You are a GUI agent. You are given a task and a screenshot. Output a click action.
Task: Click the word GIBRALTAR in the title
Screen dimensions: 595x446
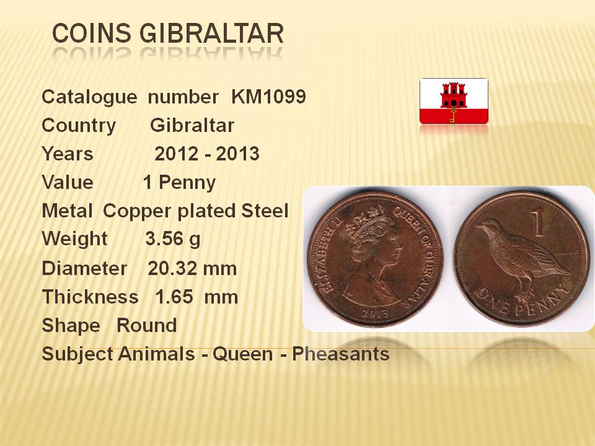(x=212, y=33)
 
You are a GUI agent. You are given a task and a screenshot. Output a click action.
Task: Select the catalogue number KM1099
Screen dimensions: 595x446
(x=268, y=97)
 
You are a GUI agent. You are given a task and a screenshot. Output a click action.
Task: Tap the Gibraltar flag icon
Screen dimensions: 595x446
(x=454, y=101)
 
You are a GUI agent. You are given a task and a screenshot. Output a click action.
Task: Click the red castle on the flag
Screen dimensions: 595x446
(x=454, y=95)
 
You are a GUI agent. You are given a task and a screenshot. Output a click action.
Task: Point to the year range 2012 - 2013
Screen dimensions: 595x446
(x=207, y=154)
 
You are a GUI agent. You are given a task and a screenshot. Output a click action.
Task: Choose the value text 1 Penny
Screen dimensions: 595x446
(x=180, y=182)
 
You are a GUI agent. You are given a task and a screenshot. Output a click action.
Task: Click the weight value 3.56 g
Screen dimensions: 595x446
(x=173, y=239)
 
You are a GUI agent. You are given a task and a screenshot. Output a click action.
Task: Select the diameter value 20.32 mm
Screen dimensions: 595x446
(x=192, y=268)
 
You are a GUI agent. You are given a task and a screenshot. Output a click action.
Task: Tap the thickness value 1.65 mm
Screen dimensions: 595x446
(x=196, y=297)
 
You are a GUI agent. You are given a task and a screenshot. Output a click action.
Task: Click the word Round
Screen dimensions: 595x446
(x=146, y=325)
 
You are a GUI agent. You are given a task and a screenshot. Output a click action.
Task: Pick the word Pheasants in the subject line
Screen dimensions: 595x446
(x=340, y=354)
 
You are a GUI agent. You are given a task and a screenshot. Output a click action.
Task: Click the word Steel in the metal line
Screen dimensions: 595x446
(x=265, y=211)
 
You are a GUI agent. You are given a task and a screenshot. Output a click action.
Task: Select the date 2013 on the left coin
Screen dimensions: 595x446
(x=374, y=313)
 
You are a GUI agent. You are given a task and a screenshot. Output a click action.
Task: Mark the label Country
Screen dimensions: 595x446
(x=79, y=126)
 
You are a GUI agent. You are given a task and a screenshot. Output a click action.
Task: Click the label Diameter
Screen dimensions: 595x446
(x=84, y=268)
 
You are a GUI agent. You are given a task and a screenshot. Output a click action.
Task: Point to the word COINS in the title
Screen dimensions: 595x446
(x=92, y=33)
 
